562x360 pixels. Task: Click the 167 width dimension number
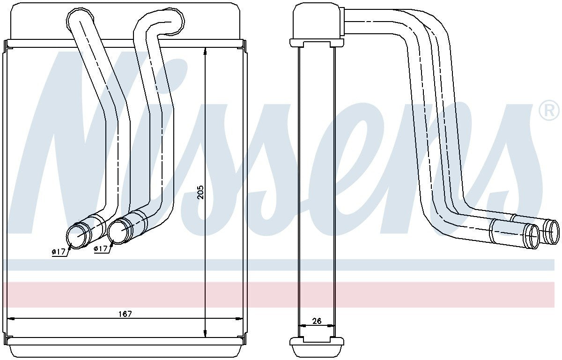tap(125, 314)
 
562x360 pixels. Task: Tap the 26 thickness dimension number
tap(317, 321)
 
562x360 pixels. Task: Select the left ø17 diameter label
tap(58, 252)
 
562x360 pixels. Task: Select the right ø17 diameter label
tap(101, 249)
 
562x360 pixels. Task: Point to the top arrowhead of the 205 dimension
tap(206, 51)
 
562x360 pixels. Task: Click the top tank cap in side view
tap(317, 23)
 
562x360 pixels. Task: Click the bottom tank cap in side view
tap(317, 347)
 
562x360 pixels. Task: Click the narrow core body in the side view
tap(317, 187)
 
